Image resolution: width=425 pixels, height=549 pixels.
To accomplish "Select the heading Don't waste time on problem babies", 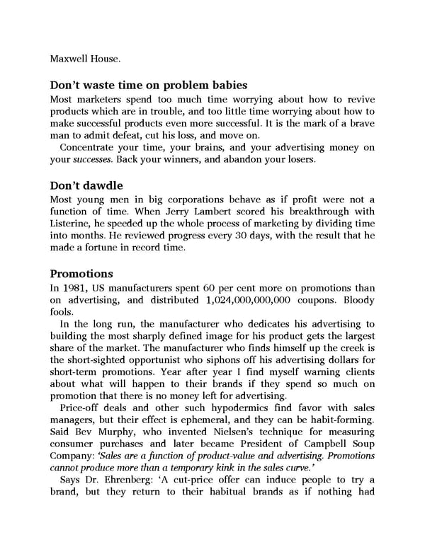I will [149, 86].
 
